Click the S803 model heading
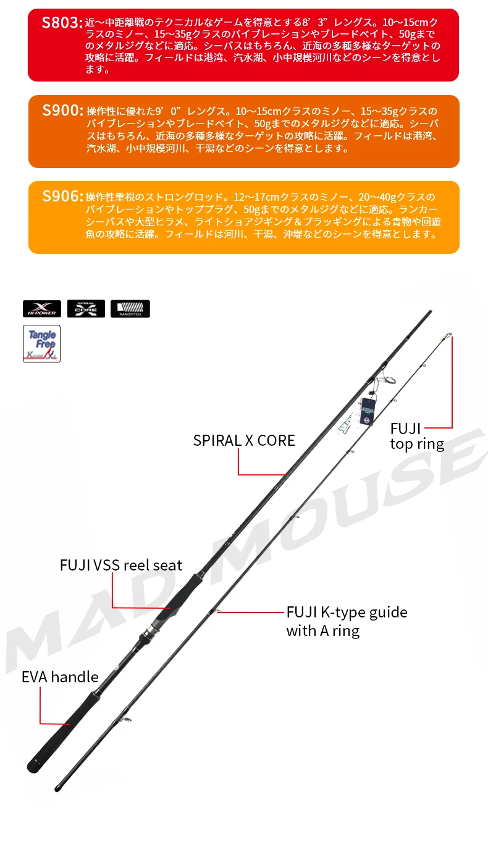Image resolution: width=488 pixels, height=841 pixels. [62, 23]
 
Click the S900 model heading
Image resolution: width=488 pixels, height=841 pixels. [62, 111]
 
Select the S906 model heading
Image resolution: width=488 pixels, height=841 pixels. [62, 196]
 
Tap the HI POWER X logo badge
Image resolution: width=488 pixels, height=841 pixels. [42, 309]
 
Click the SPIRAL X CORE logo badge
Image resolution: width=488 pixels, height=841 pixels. [86, 309]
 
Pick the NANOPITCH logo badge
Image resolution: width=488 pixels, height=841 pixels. [130, 309]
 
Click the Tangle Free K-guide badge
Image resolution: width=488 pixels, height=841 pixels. [41, 343]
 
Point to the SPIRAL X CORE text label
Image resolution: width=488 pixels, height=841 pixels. [244, 440]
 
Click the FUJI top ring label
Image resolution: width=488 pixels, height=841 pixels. [416, 436]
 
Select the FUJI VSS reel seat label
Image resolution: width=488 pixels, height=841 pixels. [121, 565]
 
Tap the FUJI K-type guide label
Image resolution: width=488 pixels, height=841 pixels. [347, 621]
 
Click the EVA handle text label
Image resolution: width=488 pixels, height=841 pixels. [60, 677]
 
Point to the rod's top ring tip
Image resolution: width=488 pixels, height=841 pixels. [450, 336]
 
